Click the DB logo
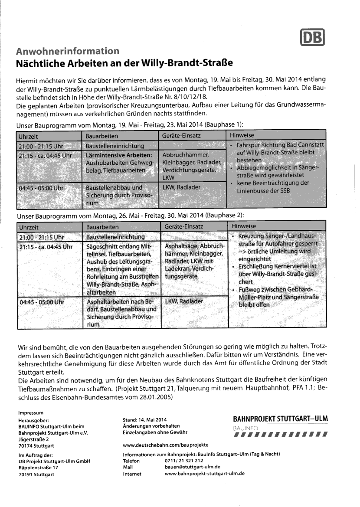tap(313, 38)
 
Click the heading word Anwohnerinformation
tap(68, 51)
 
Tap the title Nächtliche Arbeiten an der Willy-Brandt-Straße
tap(124, 63)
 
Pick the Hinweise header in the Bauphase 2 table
tap(244, 226)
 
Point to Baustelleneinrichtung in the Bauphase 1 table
tap(115, 146)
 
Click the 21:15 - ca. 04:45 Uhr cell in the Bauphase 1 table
tap(43, 155)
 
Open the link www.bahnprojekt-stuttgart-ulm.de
tap(205, 474)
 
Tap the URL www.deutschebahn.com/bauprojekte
tap(166, 445)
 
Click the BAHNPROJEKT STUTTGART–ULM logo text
tap(280, 419)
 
